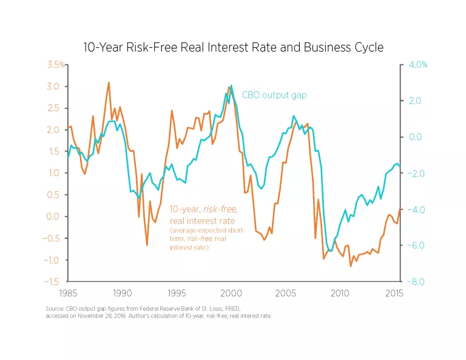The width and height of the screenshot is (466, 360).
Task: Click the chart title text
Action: pos(233,47)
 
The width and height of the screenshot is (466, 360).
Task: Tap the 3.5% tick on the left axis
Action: pos(56,64)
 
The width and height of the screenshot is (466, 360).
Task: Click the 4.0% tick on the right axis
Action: pos(417,64)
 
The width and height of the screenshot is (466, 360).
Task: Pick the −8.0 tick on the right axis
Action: pos(414,282)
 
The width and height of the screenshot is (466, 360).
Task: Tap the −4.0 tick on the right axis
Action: pos(414,209)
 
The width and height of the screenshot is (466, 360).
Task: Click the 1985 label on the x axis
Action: pos(67,293)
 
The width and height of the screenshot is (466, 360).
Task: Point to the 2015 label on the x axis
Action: pos(393,293)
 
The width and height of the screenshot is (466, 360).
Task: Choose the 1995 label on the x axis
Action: pos(176,293)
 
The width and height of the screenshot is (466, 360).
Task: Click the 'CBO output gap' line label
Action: pos(274,95)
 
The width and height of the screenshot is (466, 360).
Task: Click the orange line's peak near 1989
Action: pos(109,83)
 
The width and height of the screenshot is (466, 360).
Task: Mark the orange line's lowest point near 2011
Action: pos(351,266)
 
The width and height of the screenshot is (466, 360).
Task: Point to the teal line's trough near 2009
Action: pos(331,251)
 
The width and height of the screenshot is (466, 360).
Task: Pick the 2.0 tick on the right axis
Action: pos(414,101)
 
